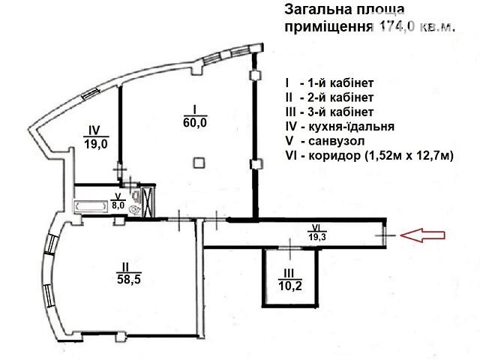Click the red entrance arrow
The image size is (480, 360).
422,235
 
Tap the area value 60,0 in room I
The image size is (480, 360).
195,122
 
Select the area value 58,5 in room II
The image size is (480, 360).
129,279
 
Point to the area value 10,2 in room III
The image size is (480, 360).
290,286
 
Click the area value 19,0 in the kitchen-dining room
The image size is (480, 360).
96,143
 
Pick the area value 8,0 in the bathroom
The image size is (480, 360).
118,205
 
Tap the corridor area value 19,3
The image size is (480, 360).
317,237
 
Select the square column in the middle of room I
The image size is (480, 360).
199,163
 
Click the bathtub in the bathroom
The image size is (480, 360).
88,206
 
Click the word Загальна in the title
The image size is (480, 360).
316,10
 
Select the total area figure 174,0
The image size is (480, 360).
397,27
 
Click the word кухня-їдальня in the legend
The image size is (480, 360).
352,127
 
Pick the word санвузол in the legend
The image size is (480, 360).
337,141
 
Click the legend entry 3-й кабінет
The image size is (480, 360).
340,112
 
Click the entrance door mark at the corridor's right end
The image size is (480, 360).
385,235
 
